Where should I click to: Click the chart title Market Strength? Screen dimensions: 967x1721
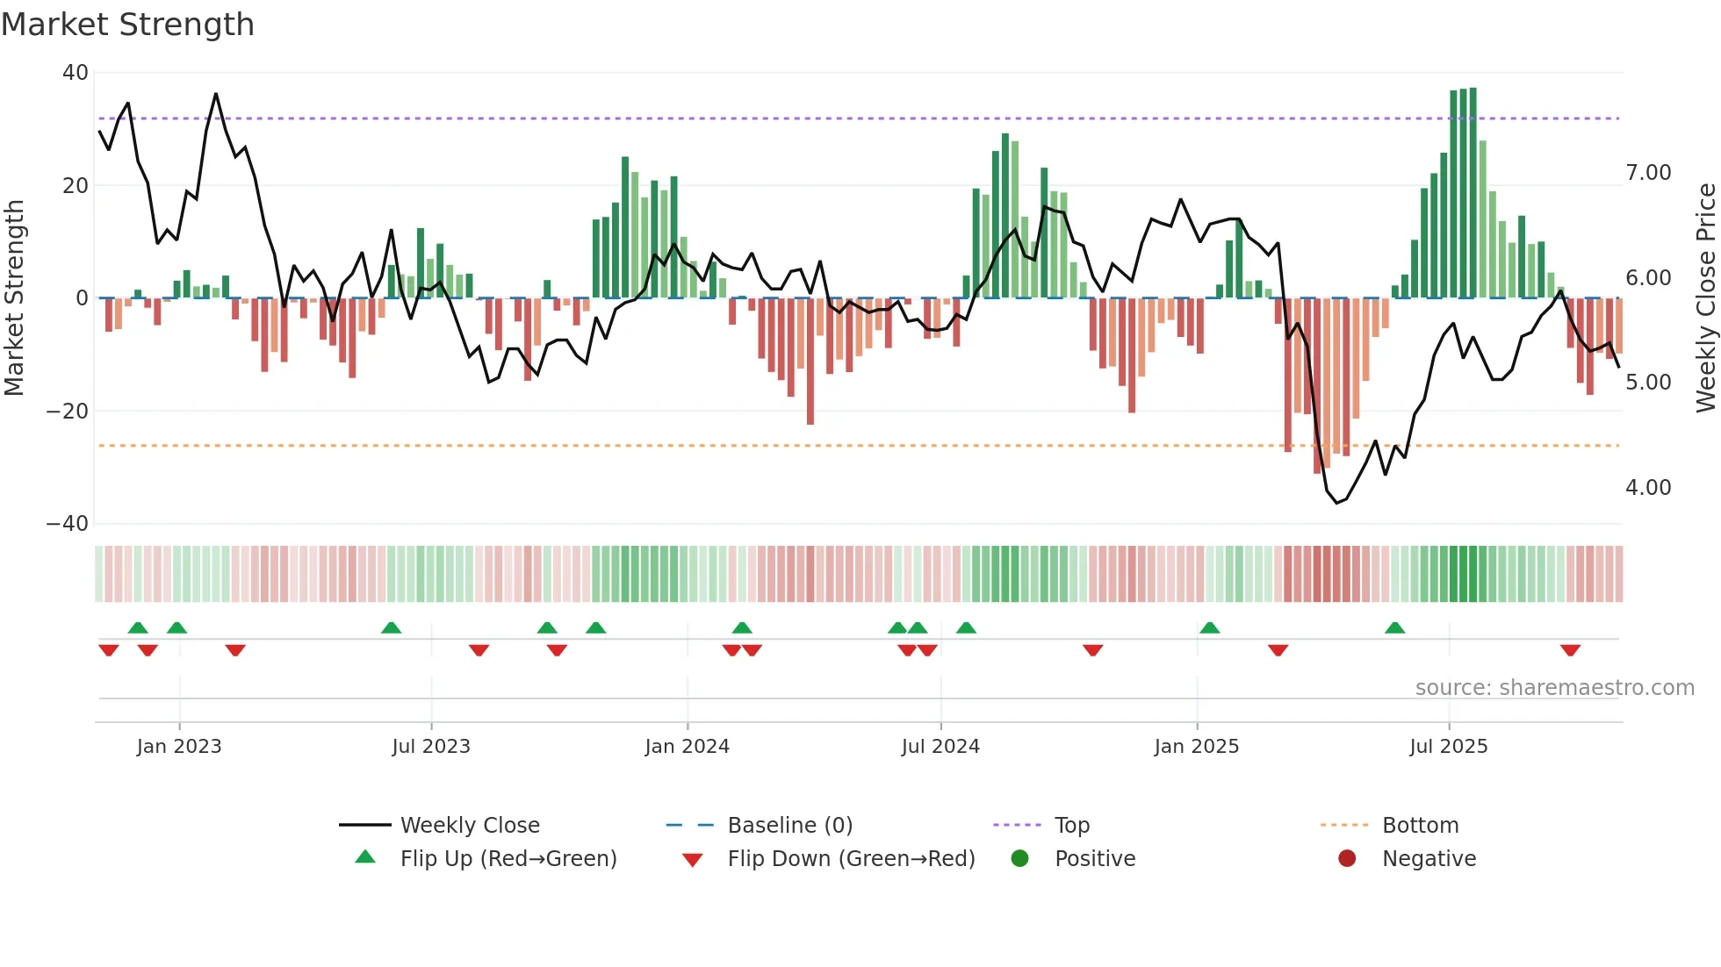point(128,25)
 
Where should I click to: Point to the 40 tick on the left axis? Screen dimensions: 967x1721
point(76,73)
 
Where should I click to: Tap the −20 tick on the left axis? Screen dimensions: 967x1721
point(68,411)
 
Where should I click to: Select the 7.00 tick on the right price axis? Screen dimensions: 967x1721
point(1647,173)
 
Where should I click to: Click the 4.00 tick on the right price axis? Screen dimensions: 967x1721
point(1647,488)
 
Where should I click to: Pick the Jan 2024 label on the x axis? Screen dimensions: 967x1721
point(687,747)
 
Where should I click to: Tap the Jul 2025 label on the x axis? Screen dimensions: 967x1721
point(1448,747)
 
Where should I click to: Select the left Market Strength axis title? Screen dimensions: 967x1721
point(14,298)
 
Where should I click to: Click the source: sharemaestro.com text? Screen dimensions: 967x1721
point(1554,688)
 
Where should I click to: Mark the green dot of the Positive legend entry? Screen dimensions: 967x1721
point(1019,858)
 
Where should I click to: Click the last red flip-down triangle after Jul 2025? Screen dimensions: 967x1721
point(1570,650)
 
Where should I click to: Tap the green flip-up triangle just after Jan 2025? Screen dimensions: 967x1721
point(1209,627)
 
